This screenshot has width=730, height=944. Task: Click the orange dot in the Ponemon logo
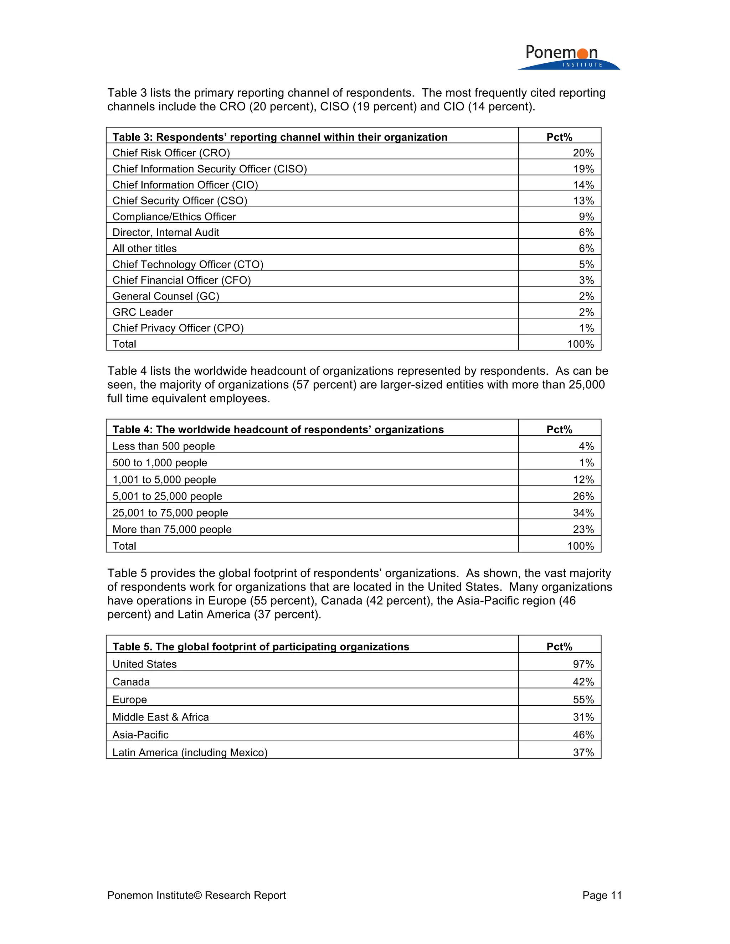coord(582,53)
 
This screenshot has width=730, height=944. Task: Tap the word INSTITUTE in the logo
coord(582,65)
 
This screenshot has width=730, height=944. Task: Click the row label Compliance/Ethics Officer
coord(174,217)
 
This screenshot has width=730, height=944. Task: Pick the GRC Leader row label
coord(142,312)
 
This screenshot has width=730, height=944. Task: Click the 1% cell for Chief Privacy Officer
coord(586,328)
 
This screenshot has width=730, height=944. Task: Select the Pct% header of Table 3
coord(559,137)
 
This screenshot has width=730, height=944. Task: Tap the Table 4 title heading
coord(278,429)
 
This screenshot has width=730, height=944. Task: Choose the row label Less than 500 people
coord(164,446)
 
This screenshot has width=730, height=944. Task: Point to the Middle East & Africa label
coord(160,717)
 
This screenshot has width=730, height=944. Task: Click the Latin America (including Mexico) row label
coord(190,752)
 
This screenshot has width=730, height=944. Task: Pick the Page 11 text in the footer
coord(602,895)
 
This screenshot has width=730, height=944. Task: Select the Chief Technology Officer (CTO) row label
coord(188,265)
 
